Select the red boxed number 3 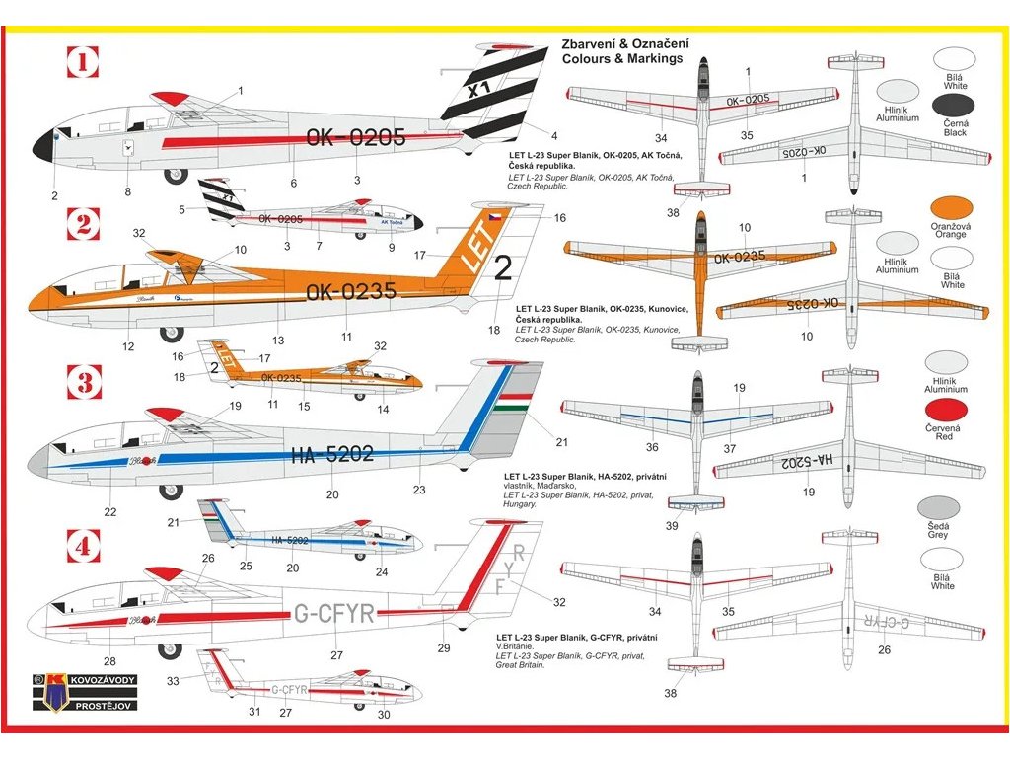pos(84,381)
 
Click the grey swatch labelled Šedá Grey pos(938,507)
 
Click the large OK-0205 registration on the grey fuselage pos(355,138)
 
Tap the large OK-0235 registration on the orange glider pos(351,291)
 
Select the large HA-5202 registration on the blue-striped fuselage pos(332,454)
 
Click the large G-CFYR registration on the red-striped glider pos(334,613)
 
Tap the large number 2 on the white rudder pos(503,266)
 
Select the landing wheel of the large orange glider pos(172,334)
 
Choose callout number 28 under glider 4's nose pos(108,661)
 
